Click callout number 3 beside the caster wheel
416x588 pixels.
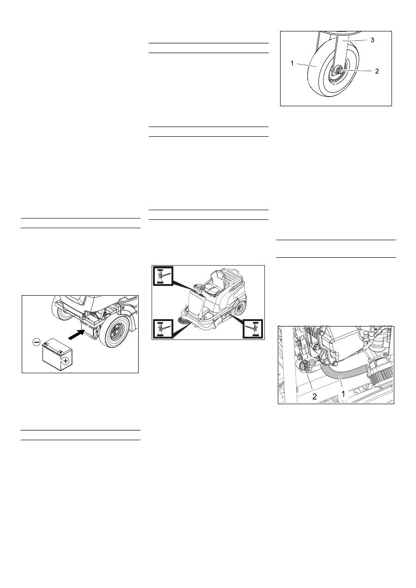click(373, 40)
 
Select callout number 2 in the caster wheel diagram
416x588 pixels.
click(377, 71)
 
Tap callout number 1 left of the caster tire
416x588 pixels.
click(292, 64)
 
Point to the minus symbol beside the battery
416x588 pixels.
click(37, 342)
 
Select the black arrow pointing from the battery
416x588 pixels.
click(76, 334)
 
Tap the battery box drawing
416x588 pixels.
click(57, 354)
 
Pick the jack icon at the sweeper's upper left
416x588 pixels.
click(163, 276)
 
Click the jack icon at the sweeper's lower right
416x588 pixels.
click(253, 329)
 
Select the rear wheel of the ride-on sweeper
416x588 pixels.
click(240, 308)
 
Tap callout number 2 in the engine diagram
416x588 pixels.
click(314, 396)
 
